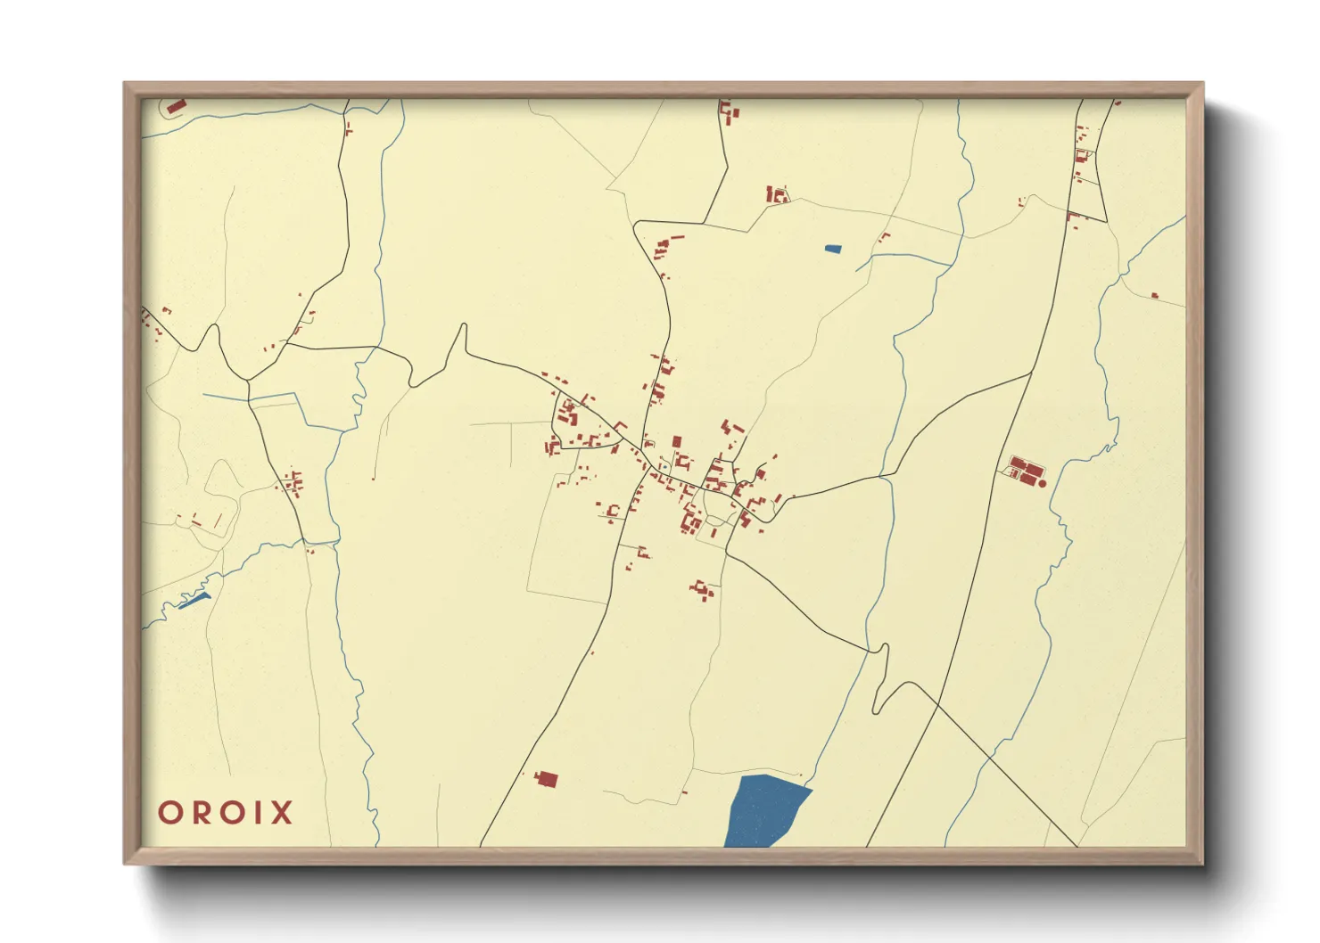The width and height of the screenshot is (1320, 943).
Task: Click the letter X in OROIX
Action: point(281,813)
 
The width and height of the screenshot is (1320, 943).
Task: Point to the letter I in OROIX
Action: point(258,813)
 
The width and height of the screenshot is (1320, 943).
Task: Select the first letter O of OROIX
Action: point(169,813)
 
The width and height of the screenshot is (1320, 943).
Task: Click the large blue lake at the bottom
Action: point(763,811)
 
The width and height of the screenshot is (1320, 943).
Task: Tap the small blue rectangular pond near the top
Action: point(832,249)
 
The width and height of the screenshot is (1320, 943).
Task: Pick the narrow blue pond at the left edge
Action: point(194,602)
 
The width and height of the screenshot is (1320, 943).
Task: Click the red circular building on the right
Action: point(1042,483)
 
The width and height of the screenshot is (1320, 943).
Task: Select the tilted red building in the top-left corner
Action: point(176,107)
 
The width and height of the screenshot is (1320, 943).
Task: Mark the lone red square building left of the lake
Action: point(546,780)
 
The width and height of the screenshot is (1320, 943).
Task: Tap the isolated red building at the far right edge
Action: point(1155,295)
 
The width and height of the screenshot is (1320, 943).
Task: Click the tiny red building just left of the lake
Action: point(685,791)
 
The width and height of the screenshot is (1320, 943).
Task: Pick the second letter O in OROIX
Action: point(229,813)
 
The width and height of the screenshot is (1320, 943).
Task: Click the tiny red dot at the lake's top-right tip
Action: point(800,775)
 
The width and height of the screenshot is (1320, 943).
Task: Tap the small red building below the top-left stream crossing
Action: point(348,130)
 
